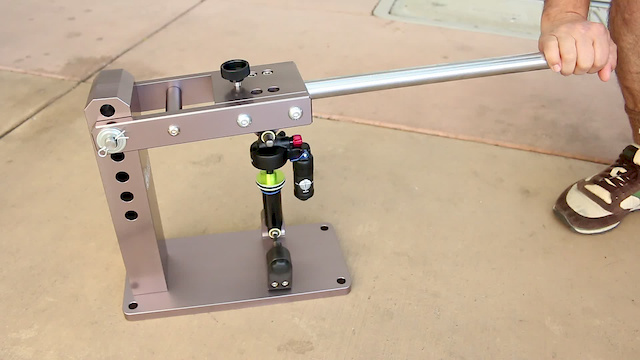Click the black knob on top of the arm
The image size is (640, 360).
click(x=235, y=72)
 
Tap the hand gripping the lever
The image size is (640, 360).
click(x=577, y=45)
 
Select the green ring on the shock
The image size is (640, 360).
click(x=273, y=180)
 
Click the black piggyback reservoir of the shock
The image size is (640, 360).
click(x=302, y=171)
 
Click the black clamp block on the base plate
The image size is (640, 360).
click(x=280, y=267)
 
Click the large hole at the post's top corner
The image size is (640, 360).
click(x=107, y=110)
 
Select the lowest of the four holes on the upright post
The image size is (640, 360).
click(x=131, y=215)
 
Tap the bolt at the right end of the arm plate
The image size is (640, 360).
click(x=296, y=113)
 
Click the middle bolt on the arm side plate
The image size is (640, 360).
click(x=243, y=120)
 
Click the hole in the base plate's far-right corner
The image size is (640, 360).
click(x=324, y=229)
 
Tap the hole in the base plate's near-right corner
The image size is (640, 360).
click(x=340, y=281)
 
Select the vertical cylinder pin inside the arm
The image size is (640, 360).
click(x=173, y=99)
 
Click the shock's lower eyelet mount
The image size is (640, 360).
click(x=273, y=234)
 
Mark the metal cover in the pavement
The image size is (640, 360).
click(x=470, y=14)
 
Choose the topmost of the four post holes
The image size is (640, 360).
click(x=118, y=157)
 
